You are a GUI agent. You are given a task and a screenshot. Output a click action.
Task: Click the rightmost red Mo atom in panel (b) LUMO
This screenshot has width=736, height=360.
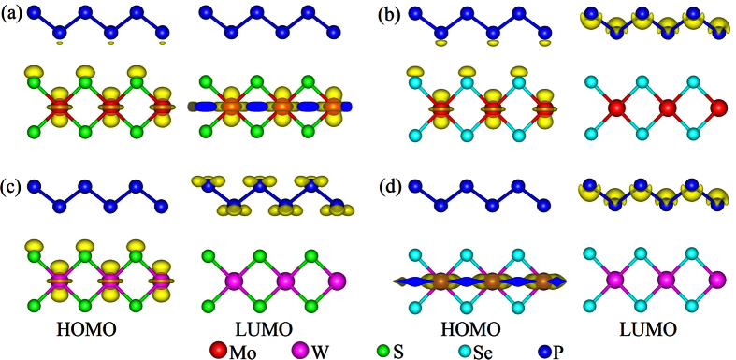click(x=718, y=108)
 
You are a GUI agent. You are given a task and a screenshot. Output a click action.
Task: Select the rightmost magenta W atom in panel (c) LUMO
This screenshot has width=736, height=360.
click(x=339, y=281)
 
